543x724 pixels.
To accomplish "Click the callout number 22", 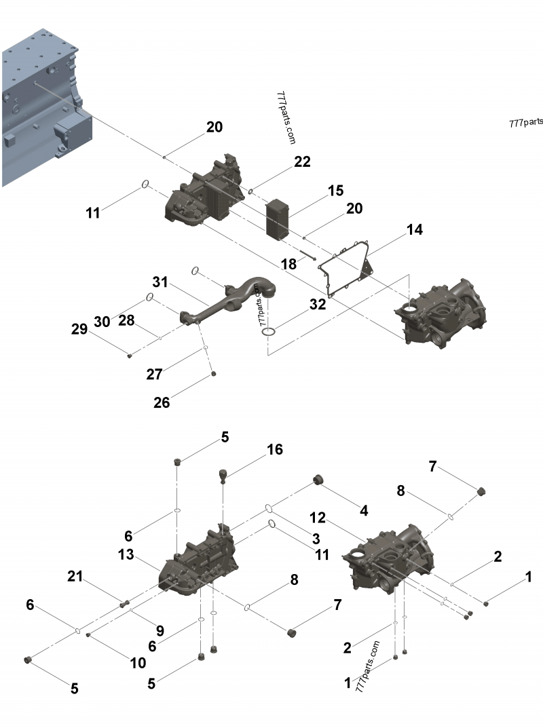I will tap(302, 161).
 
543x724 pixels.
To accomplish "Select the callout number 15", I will tap(336, 191).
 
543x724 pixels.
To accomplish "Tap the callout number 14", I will tap(414, 230).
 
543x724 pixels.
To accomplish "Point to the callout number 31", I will tap(160, 281).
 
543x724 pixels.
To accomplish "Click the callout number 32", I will tap(317, 305).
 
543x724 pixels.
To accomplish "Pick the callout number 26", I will tap(162, 402).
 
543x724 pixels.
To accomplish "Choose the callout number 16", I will tap(274, 449).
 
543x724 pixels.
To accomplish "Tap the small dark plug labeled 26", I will tap(214, 373).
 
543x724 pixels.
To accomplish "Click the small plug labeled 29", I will tap(129, 354).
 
